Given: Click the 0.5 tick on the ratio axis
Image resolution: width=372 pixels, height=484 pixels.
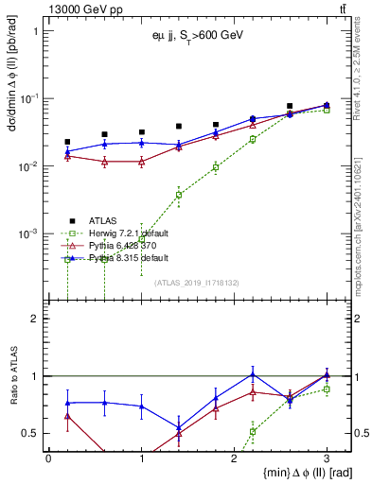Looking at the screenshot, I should pyautogui.click(x=32, y=433).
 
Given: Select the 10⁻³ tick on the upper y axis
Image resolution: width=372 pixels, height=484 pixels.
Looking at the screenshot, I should pyautogui.click(x=27, y=233).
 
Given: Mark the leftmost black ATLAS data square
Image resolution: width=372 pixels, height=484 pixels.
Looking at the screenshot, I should pyautogui.click(x=67, y=142).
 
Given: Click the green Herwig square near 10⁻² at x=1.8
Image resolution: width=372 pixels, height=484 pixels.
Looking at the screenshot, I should pyautogui.click(x=216, y=167).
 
